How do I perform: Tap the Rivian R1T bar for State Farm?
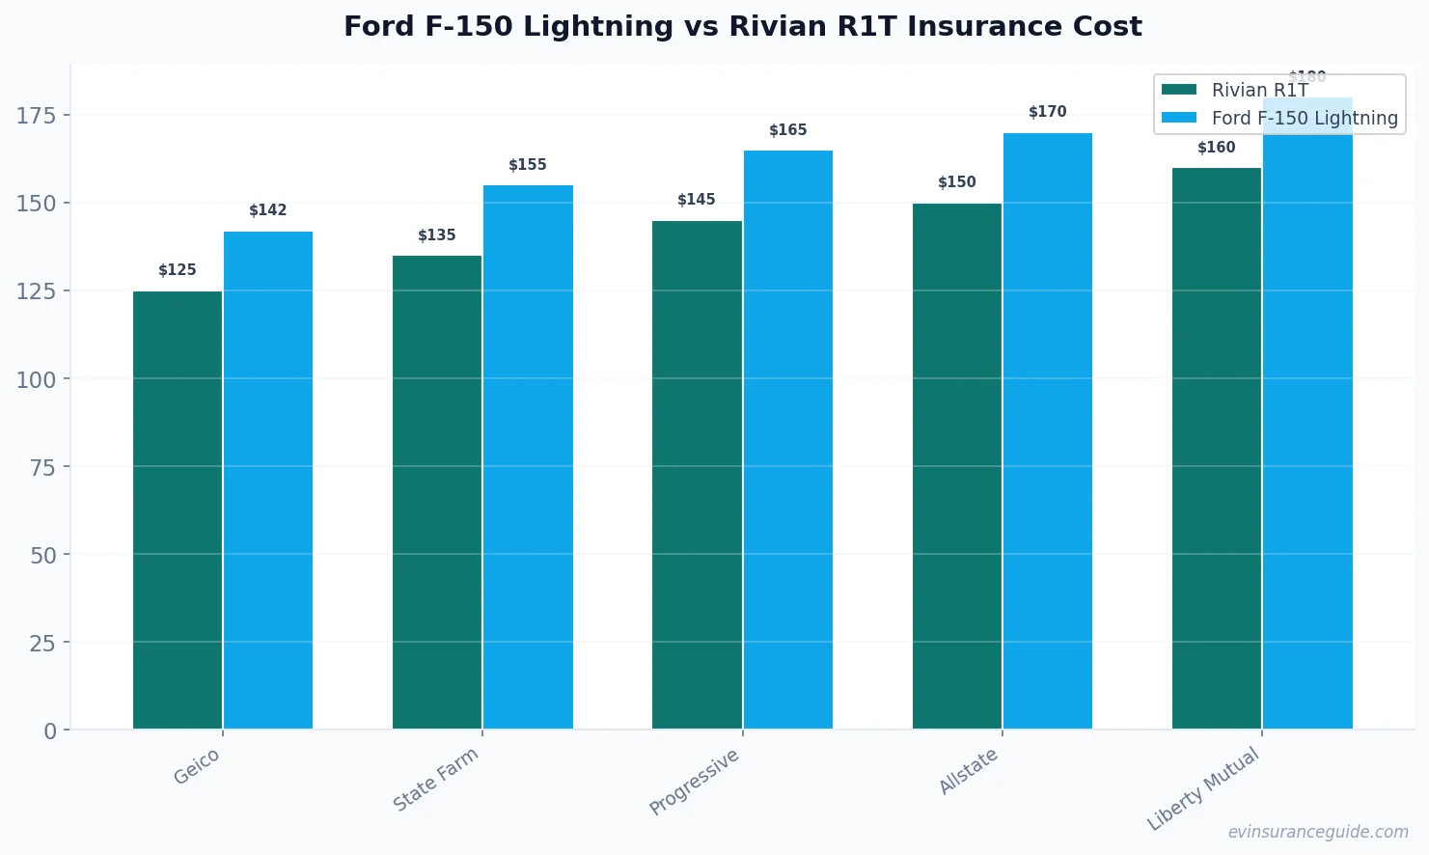click(x=437, y=492)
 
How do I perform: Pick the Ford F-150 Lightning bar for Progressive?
click(x=787, y=439)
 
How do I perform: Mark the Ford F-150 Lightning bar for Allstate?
click(x=1047, y=430)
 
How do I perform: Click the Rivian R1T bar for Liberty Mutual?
click(x=1216, y=449)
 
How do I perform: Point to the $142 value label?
click(x=268, y=210)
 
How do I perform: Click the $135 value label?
click(x=437, y=235)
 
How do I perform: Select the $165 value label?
click(x=787, y=130)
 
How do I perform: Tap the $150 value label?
click(x=956, y=182)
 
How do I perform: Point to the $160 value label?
click(x=1216, y=148)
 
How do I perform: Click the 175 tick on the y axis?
click(x=37, y=116)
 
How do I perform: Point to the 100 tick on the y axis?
click(x=37, y=379)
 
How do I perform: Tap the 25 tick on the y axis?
click(x=42, y=643)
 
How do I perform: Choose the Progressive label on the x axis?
click(x=695, y=782)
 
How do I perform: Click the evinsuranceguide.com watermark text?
click(x=1317, y=832)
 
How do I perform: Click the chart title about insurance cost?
click(x=742, y=26)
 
